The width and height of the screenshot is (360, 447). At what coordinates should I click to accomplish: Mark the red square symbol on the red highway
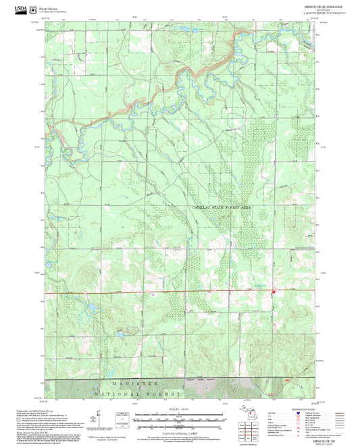click(273, 292)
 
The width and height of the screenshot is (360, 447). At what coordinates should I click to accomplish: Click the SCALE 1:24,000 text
click(180, 409)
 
